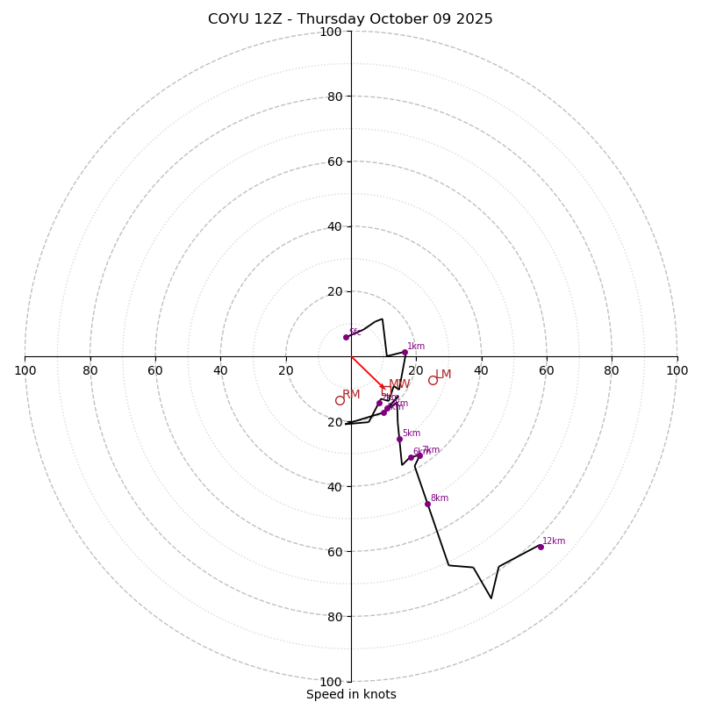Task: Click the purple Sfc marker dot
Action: tap(346, 337)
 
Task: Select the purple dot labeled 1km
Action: tap(405, 353)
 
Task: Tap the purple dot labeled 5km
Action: tap(399, 439)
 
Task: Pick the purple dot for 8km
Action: tap(427, 504)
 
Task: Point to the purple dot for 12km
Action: tap(541, 547)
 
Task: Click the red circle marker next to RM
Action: tap(340, 401)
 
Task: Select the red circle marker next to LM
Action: tap(433, 380)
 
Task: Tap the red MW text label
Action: tap(399, 384)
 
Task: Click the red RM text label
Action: tap(351, 395)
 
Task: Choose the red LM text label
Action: tap(443, 375)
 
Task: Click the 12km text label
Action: tap(554, 541)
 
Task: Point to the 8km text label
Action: tap(439, 498)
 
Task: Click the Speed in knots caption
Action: tap(351, 695)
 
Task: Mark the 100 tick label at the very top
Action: tap(330, 32)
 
